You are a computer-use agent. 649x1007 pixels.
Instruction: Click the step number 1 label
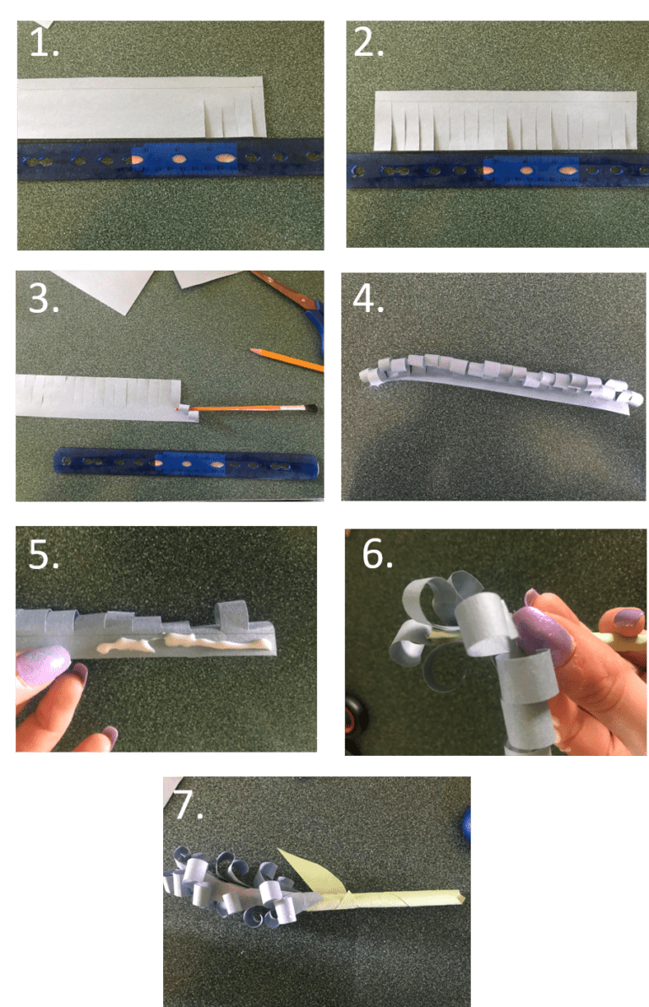point(43,43)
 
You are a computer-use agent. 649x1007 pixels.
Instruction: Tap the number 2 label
point(368,43)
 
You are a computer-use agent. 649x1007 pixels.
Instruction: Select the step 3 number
point(43,299)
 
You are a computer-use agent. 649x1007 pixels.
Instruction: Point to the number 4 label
point(368,299)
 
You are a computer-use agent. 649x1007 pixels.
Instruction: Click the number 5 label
point(43,555)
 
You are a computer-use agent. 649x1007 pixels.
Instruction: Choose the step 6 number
point(378,555)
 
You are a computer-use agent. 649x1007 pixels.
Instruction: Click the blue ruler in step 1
point(169,157)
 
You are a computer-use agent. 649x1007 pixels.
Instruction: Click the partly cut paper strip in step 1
point(139,108)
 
